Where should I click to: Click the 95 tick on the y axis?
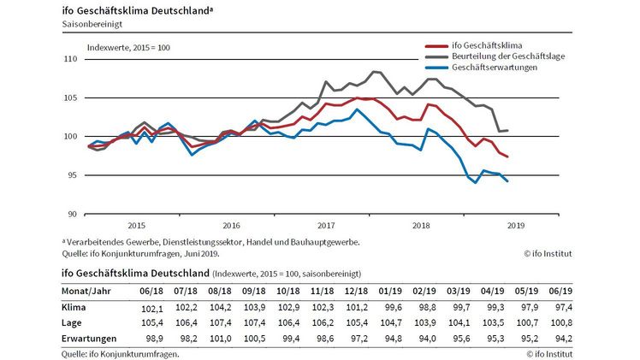73,175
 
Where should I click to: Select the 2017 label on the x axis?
325,227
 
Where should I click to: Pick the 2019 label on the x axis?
515,227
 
